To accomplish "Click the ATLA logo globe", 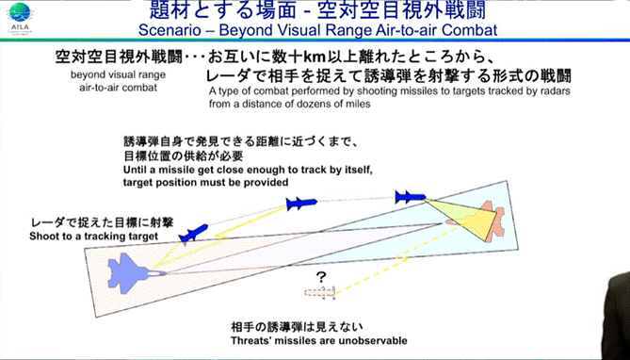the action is [19, 12].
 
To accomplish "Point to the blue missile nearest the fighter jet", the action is [193, 234].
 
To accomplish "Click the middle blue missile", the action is [301, 204].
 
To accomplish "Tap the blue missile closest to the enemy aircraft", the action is [411, 197].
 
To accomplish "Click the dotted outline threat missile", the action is [320, 292].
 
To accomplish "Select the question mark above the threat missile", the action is [320, 277].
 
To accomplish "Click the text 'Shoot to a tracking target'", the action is [93, 237].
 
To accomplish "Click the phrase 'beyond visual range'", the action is [118, 75].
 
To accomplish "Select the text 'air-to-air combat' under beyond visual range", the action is [118, 88].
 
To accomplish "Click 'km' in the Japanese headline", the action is [314, 57].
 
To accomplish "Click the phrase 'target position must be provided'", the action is [205, 182].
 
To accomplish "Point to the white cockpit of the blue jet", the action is [155, 272].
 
